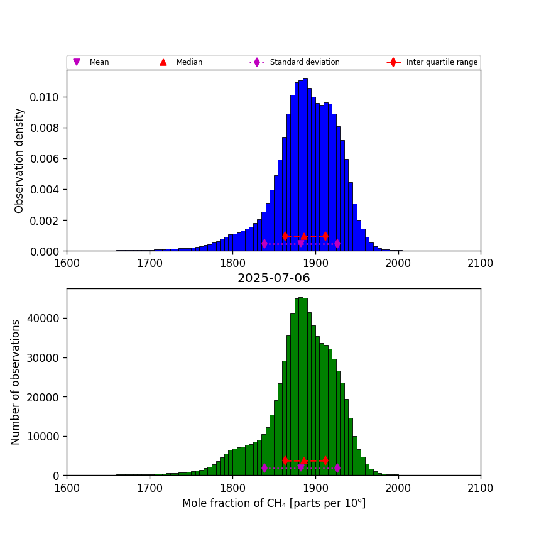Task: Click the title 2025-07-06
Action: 273,278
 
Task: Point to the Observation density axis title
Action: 19,160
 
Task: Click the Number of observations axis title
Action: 16,382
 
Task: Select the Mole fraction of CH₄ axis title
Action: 273,503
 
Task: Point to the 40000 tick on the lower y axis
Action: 43,319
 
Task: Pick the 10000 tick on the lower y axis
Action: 43,436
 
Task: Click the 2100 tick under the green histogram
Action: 481,486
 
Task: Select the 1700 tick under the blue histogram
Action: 150,262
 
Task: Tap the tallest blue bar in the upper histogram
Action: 305,163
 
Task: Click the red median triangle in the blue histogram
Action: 304,236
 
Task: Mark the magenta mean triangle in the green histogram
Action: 301,467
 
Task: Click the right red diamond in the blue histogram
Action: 325,236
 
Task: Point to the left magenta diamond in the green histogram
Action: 264,468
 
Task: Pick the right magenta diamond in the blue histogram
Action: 337,243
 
